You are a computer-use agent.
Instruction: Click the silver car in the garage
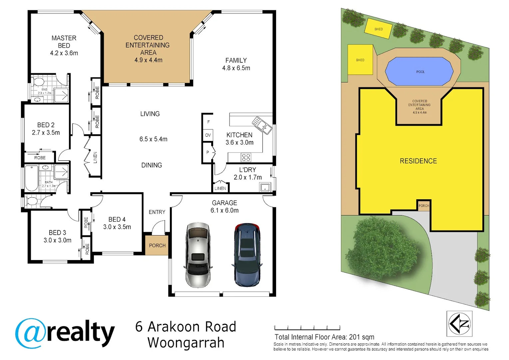pyautogui.click(x=198, y=255)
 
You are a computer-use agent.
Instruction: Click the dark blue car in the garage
pyautogui.click(x=247, y=255)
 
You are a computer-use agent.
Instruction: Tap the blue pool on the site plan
pyautogui.click(x=419, y=71)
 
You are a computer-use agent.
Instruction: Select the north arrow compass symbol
pyautogui.click(x=459, y=324)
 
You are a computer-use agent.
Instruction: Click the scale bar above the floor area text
pyautogui.click(x=307, y=328)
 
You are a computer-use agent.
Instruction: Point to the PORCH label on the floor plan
pyautogui.click(x=157, y=245)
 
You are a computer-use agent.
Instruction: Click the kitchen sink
pyautogui.click(x=262, y=125)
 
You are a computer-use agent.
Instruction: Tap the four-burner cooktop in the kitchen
pyautogui.click(x=246, y=157)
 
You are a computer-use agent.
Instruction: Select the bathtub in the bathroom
pyautogui.click(x=32, y=178)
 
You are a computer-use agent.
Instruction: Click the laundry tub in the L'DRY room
pyautogui.click(x=265, y=187)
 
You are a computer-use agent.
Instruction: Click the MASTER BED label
pyautogui.click(x=64, y=42)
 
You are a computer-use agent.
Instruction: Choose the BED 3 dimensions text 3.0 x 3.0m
pyautogui.click(x=57, y=240)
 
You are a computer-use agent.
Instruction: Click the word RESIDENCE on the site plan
pyautogui.click(x=418, y=161)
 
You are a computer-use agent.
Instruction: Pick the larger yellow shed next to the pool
pyautogui.click(x=360, y=60)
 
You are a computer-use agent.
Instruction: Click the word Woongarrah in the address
pyautogui.click(x=186, y=343)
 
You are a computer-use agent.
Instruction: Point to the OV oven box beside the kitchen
pyautogui.click(x=208, y=135)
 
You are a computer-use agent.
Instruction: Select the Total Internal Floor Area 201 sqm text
pyautogui.click(x=324, y=337)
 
